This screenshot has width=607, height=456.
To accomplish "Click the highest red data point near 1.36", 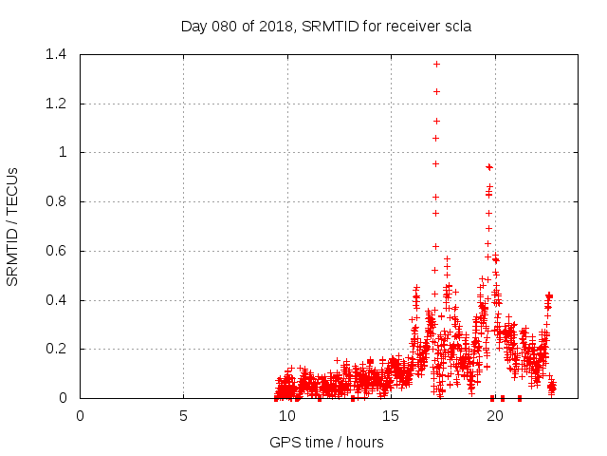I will click(436, 64).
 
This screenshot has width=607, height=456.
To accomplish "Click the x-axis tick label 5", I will click(183, 415).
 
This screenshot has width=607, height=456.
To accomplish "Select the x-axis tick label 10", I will click(287, 415).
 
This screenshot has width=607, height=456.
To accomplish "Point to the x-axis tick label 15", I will click(391, 415).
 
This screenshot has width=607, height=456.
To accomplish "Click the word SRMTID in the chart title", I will click(332, 26).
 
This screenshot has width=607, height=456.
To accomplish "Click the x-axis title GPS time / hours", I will click(325, 442).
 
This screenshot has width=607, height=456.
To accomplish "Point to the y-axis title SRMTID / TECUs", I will click(13, 226).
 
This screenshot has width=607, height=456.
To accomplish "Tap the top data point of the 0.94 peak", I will click(488, 166).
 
